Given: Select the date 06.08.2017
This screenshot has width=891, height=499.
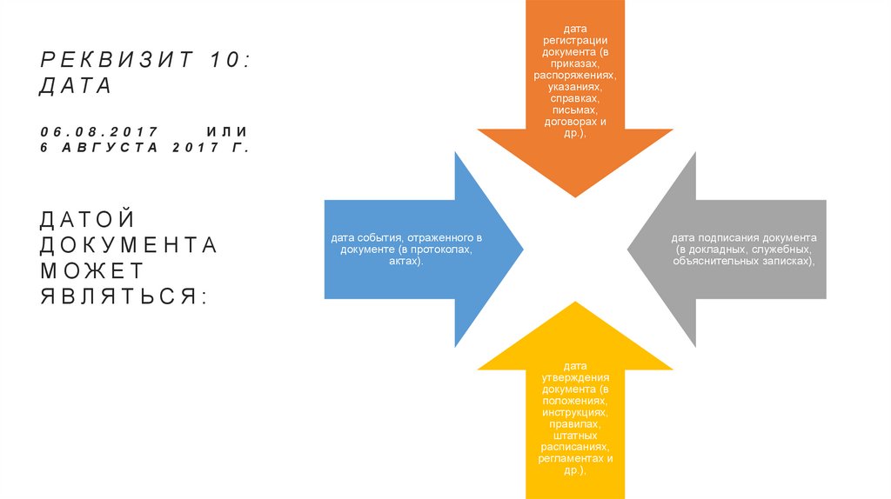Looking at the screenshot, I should (x=98, y=131).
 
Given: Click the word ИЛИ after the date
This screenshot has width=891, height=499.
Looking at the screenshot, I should (x=227, y=131).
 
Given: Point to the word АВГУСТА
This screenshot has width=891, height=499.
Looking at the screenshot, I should (x=109, y=148).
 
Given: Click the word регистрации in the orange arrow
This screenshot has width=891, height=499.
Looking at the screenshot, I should (x=575, y=40).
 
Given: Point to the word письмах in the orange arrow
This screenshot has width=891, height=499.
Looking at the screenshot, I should (x=574, y=110).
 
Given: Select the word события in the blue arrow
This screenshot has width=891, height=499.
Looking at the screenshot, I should (x=378, y=238).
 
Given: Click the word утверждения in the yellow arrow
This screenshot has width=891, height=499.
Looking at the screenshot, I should (x=574, y=376).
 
